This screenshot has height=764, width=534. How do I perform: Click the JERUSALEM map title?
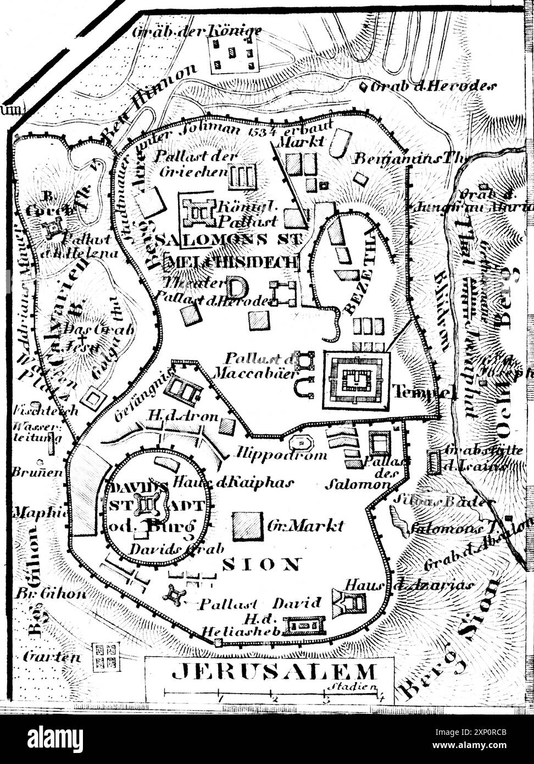(274, 672)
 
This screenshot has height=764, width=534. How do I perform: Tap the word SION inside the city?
(262, 564)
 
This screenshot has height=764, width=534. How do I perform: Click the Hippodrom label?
(282, 454)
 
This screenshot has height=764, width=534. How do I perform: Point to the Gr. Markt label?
(305, 525)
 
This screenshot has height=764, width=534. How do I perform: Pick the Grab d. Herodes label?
(434, 86)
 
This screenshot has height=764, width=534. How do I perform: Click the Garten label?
(52, 656)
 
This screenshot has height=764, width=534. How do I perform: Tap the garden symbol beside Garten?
(105, 656)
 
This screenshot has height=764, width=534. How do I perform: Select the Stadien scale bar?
(273, 695)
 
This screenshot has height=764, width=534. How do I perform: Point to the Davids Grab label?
(176, 548)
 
